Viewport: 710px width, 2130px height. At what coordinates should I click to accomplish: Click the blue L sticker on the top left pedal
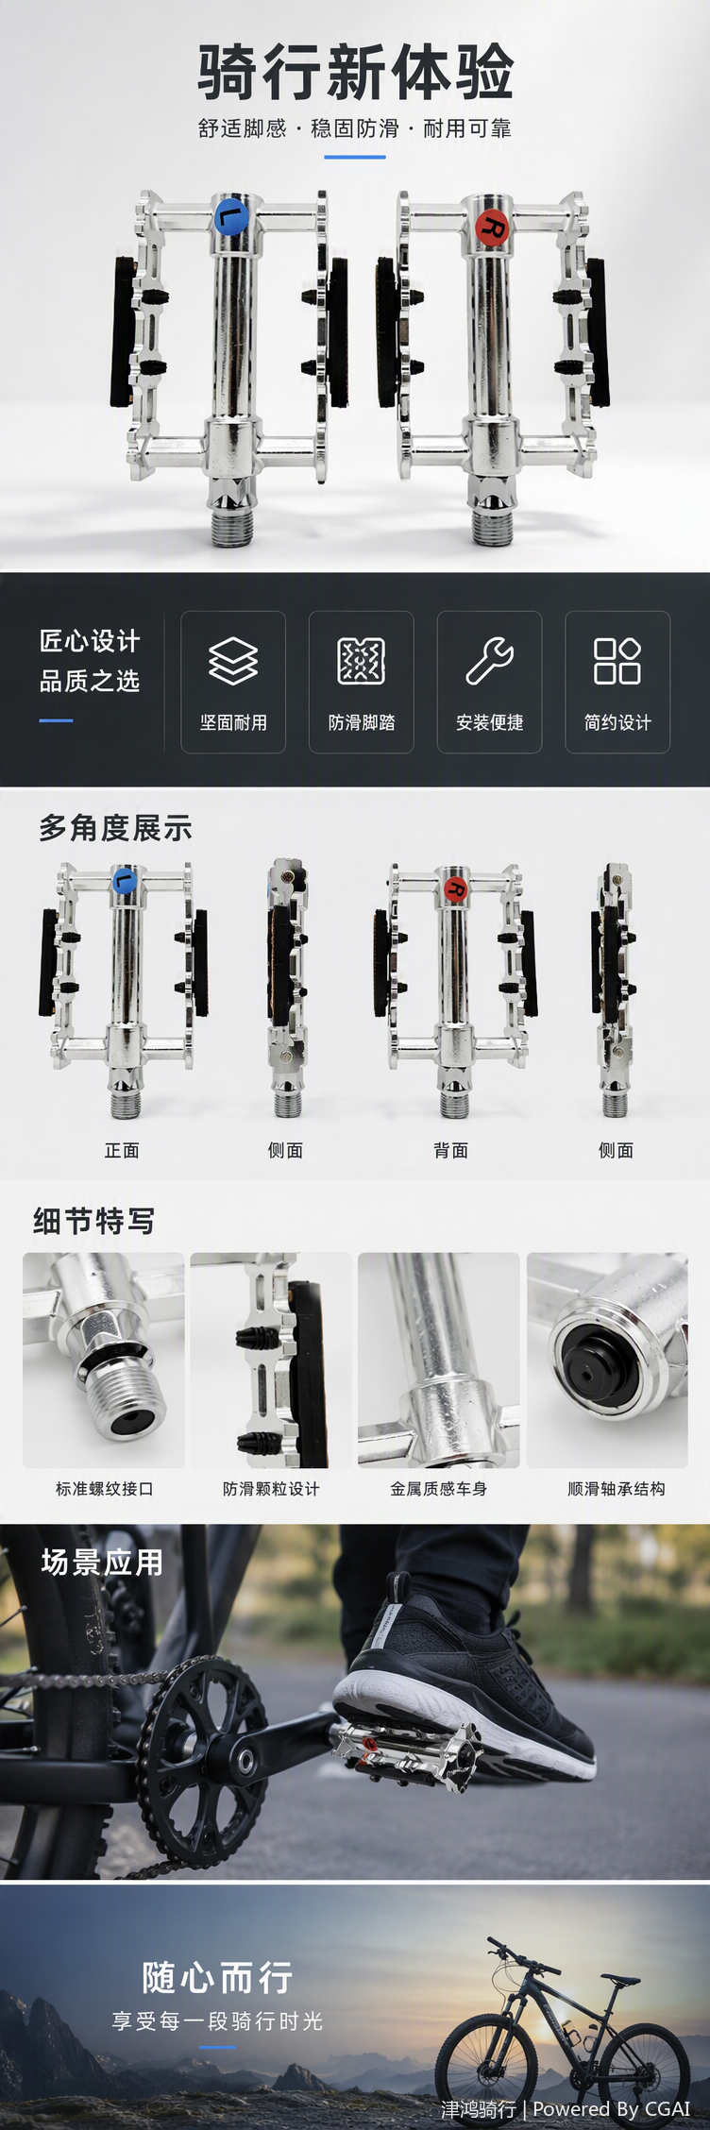(x=231, y=216)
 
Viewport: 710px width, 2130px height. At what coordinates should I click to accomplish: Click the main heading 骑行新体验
(x=355, y=73)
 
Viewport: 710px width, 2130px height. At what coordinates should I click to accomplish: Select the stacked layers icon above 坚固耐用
(x=233, y=661)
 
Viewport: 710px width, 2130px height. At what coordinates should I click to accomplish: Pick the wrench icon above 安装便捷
(x=489, y=661)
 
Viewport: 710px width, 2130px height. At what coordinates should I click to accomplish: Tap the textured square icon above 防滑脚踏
(x=362, y=661)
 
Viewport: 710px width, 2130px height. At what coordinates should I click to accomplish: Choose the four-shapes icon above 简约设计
(x=617, y=661)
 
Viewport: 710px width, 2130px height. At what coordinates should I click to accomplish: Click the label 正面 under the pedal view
(x=122, y=1150)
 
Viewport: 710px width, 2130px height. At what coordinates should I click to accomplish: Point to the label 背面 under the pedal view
(x=451, y=1150)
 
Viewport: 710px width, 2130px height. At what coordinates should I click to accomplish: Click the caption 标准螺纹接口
(x=104, y=1489)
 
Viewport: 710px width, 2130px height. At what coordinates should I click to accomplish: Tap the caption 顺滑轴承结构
(x=617, y=1489)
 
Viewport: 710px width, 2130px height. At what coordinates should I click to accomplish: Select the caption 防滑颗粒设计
(x=271, y=1489)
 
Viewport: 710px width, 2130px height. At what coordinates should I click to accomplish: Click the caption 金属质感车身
(x=439, y=1489)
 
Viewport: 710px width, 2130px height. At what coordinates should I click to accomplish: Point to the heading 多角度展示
(x=115, y=828)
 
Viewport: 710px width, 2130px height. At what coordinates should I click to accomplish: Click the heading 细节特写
(x=93, y=1221)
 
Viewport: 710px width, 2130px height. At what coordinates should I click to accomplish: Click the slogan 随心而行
(x=217, y=1976)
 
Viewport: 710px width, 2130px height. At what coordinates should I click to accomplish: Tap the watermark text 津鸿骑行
(x=479, y=2109)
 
